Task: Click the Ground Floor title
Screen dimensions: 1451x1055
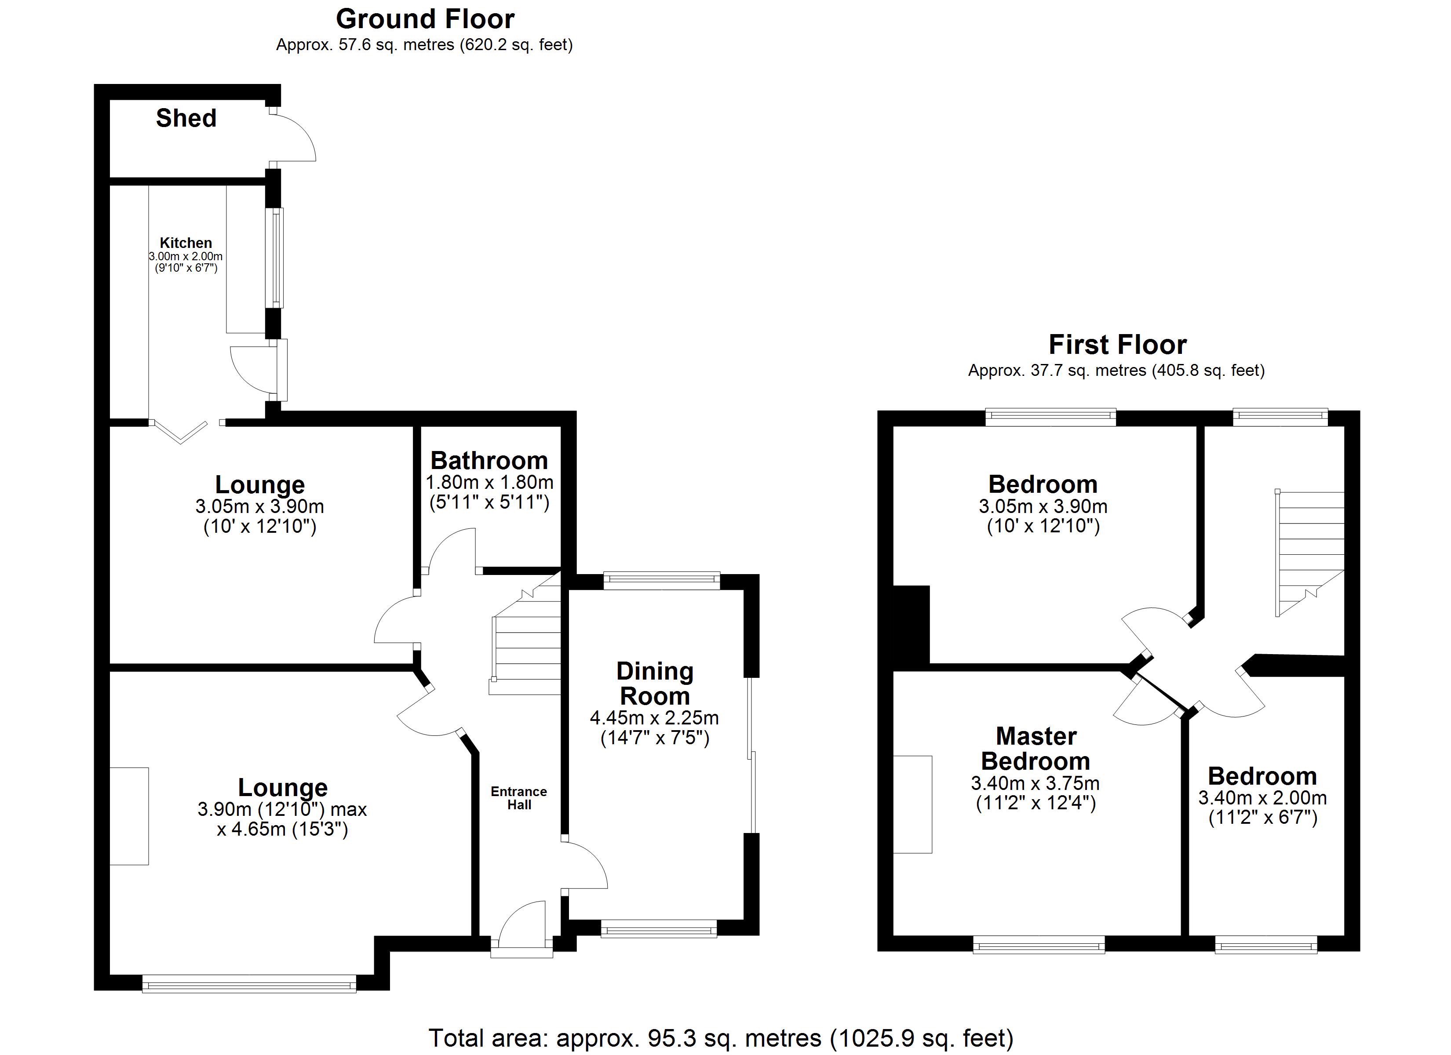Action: (x=425, y=20)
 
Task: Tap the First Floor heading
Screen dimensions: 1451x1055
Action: (x=1117, y=345)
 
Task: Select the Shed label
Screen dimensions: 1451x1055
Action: (x=186, y=118)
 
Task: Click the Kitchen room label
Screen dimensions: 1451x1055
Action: (x=186, y=243)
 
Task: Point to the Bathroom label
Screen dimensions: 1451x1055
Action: (x=489, y=461)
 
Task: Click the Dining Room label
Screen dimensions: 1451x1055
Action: (x=654, y=683)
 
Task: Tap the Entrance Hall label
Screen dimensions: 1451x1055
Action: (x=519, y=798)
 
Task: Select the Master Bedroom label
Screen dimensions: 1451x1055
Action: (x=1036, y=749)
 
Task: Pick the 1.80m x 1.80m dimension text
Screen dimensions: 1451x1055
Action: (x=489, y=482)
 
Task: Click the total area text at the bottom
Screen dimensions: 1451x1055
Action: (x=720, y=1038)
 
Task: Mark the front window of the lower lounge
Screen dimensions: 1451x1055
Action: (x=249, y=983)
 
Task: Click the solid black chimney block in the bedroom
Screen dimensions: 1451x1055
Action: (x=911, y=624)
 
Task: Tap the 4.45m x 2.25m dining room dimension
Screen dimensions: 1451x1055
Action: (x=654, y=718)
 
